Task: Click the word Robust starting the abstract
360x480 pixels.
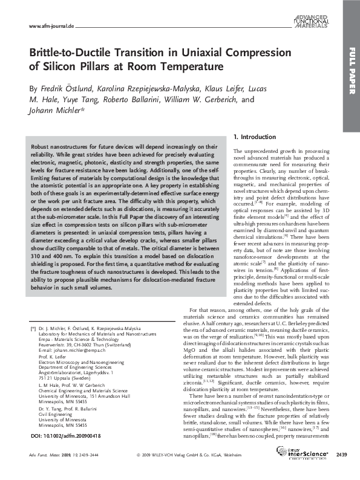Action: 42,147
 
